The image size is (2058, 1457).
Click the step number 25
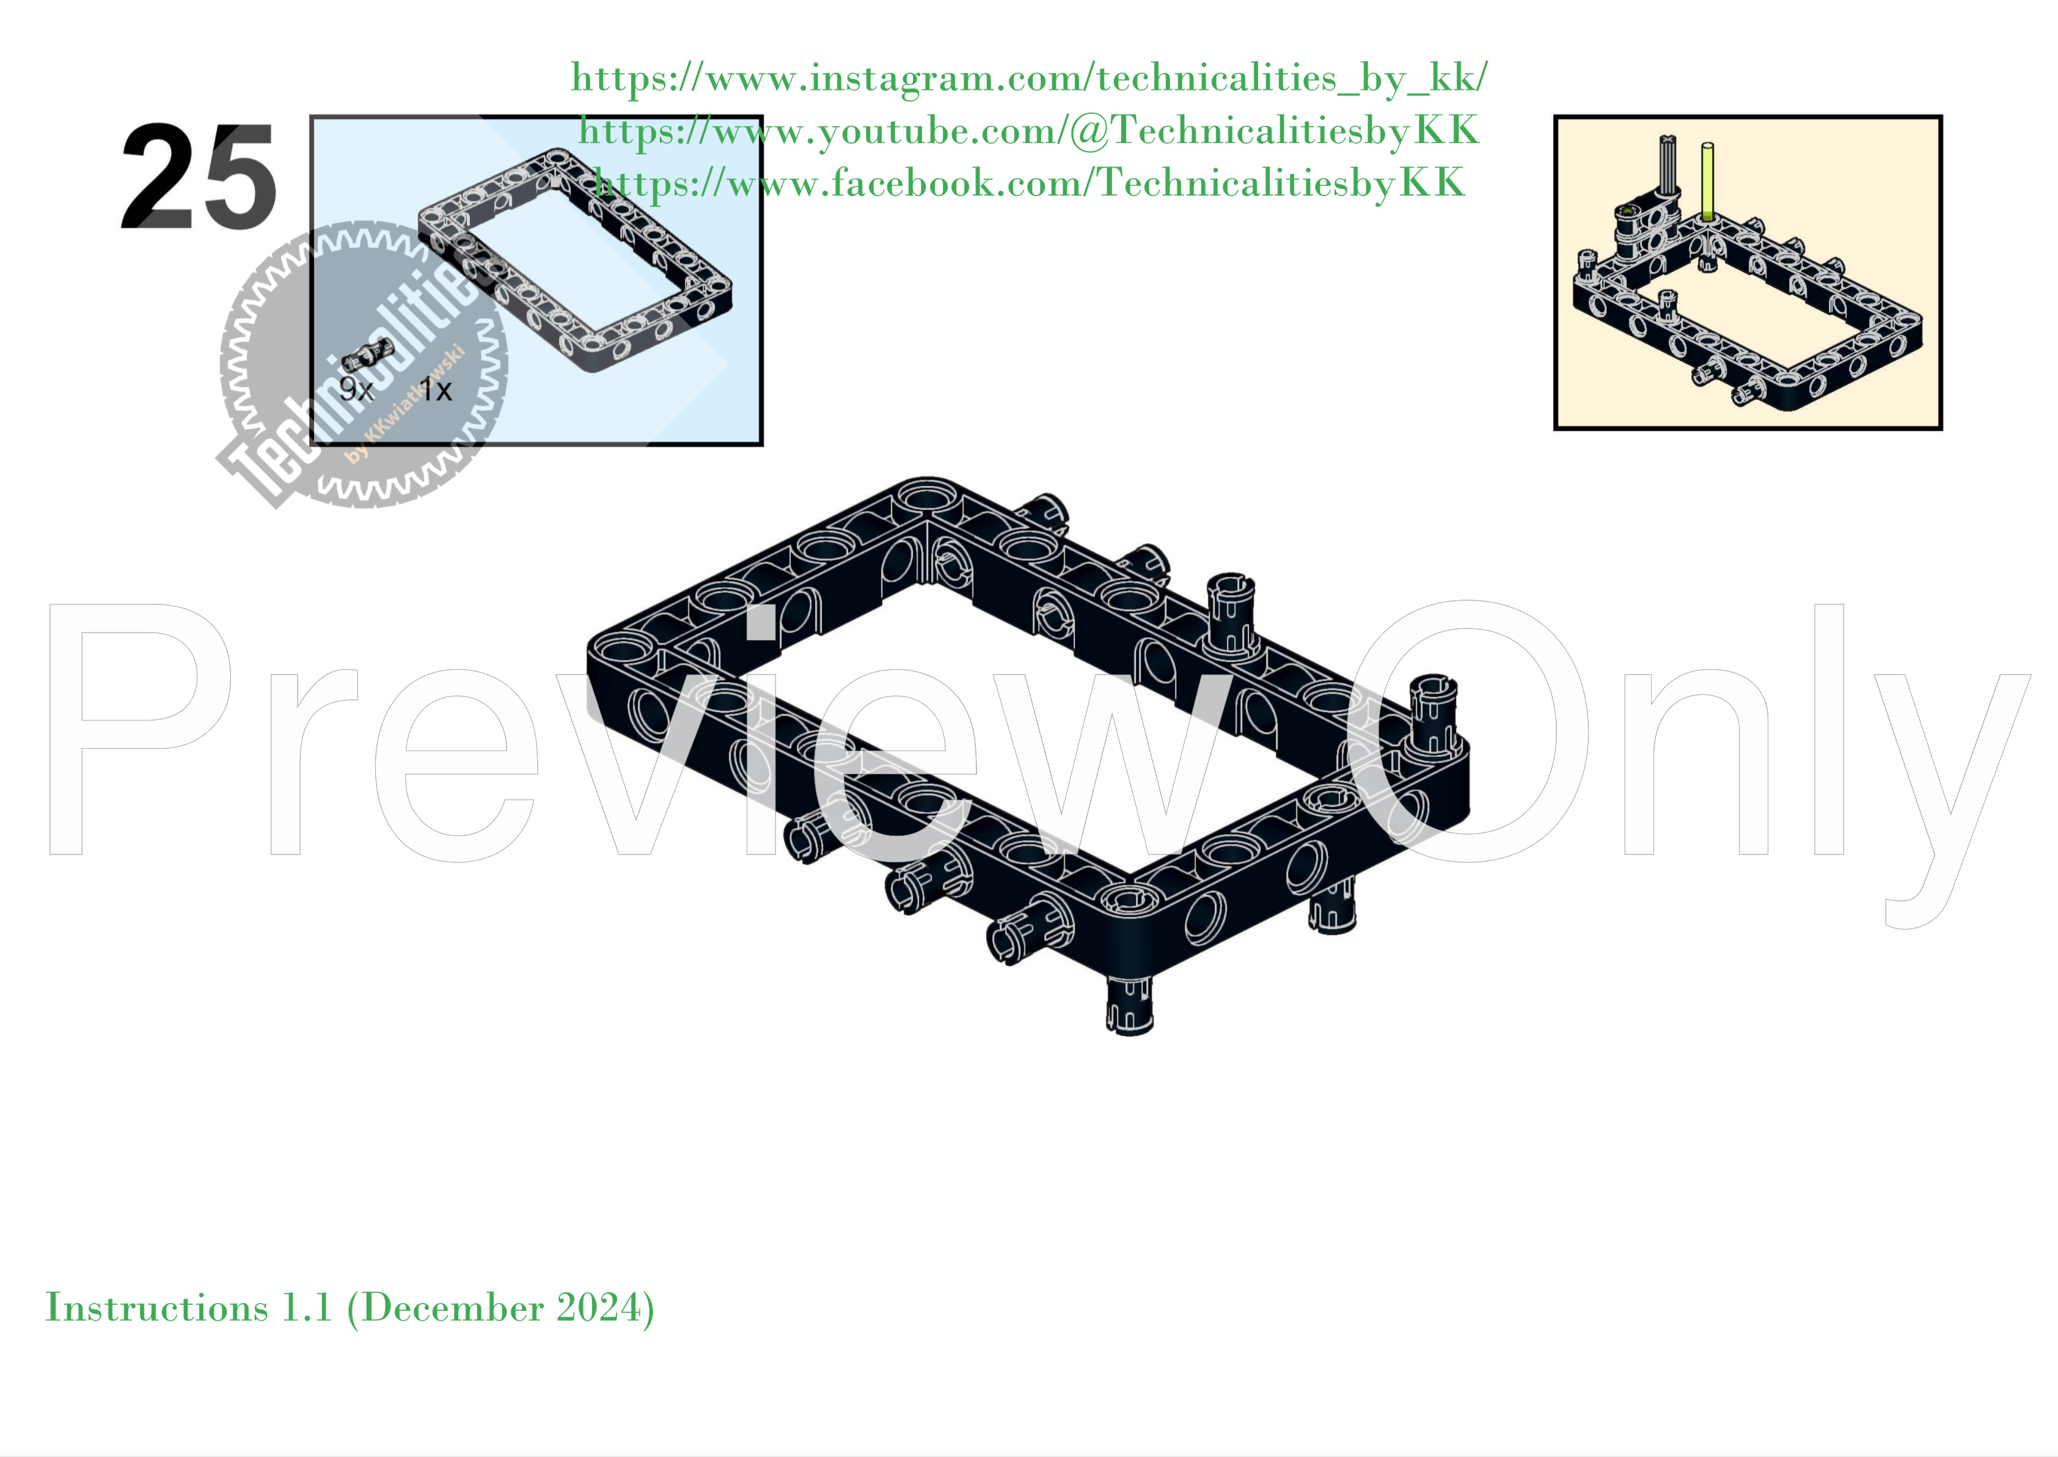point(199,177)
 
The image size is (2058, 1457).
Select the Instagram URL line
point(1028,78)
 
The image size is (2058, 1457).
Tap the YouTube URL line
point(1028,131)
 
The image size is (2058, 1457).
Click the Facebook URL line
point(1028,183)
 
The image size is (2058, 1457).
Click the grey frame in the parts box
point(574,260)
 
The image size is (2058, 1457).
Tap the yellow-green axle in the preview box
point(1707,182)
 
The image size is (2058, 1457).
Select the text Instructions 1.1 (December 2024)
point(350,1308)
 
